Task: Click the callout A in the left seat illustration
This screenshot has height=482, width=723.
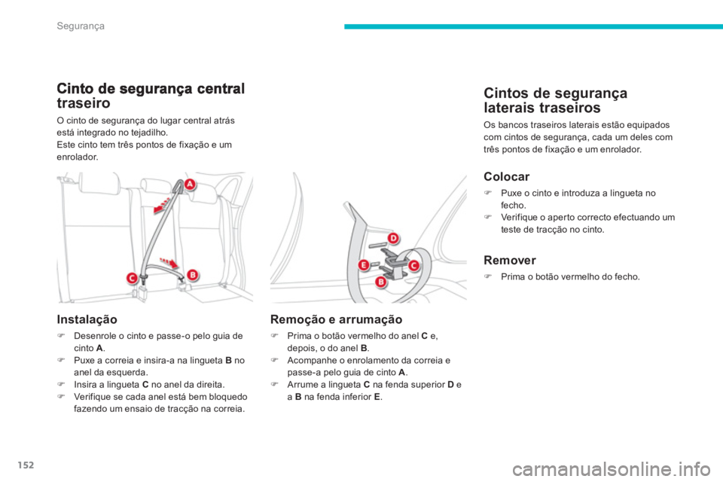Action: (190, 185)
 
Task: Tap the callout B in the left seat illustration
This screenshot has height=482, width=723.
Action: (193, 276)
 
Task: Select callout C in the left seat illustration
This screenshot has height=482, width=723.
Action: (133, 279)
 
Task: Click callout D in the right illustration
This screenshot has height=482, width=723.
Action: (393, 239)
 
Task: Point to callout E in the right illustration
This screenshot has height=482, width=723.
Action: (364, 265)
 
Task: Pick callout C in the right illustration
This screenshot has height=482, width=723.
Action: (413, 266)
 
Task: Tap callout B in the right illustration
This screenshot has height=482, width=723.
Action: (381, 282)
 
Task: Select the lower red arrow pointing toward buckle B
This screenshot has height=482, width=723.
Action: (169, 262)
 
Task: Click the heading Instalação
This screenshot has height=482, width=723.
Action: (87, 319)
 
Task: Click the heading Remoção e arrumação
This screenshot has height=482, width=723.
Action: (336, 319)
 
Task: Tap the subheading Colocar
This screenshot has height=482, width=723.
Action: (506, 177)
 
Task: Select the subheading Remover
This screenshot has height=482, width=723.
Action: (510, 260)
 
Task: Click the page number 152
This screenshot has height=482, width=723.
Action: (26, 465)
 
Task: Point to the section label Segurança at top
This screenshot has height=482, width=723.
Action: (81, 26)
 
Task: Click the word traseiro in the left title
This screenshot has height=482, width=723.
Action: (84, 103)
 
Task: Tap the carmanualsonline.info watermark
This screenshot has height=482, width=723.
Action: (612, 470)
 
